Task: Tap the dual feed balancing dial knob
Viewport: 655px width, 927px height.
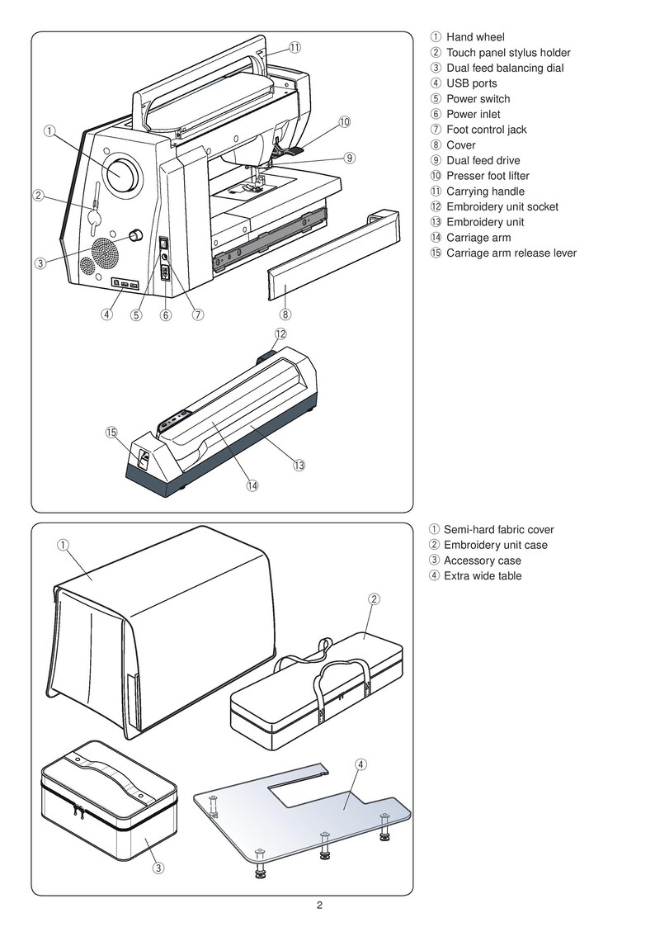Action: click(133, 235)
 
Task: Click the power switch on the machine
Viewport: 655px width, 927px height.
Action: click(164, 244)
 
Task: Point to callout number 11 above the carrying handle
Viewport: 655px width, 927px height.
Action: click(295, 47)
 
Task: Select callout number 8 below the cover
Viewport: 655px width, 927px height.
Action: click(285, 314)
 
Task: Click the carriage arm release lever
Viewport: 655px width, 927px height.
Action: click(142, 457)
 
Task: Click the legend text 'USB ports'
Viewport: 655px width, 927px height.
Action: click(471, 83)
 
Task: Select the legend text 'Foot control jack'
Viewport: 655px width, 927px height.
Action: click(486, 130)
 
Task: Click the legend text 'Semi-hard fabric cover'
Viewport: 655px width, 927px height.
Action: click(498, 530)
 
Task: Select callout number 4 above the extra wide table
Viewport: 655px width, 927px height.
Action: click(360, 764)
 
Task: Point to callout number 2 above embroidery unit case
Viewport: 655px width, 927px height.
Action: click(374, 599)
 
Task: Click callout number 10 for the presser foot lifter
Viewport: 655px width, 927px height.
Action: click(344, 122)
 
